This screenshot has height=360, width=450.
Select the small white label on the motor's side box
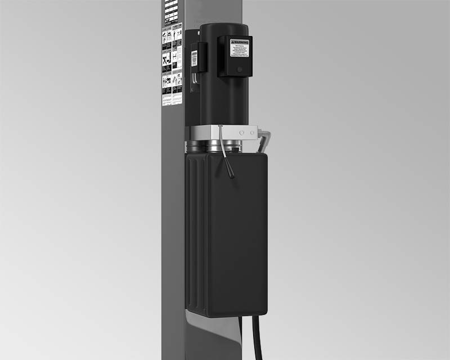(195, 58)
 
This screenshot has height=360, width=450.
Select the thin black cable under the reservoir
(241, 337)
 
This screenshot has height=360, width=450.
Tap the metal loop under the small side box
(195, 82)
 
